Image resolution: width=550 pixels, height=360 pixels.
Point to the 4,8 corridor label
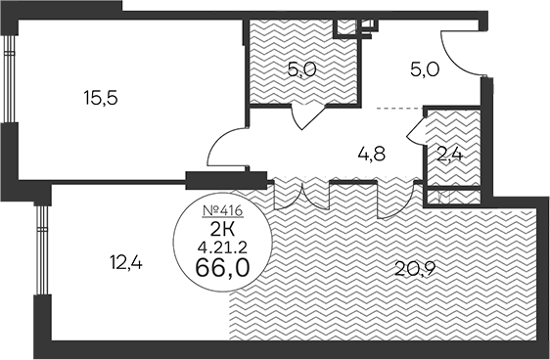(x=370, y=153)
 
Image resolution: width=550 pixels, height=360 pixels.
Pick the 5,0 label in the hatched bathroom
(x=299, y=70)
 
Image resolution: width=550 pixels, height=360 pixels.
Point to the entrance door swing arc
(x=460, y=54)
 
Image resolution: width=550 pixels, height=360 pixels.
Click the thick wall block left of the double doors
(x=218, y=179)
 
